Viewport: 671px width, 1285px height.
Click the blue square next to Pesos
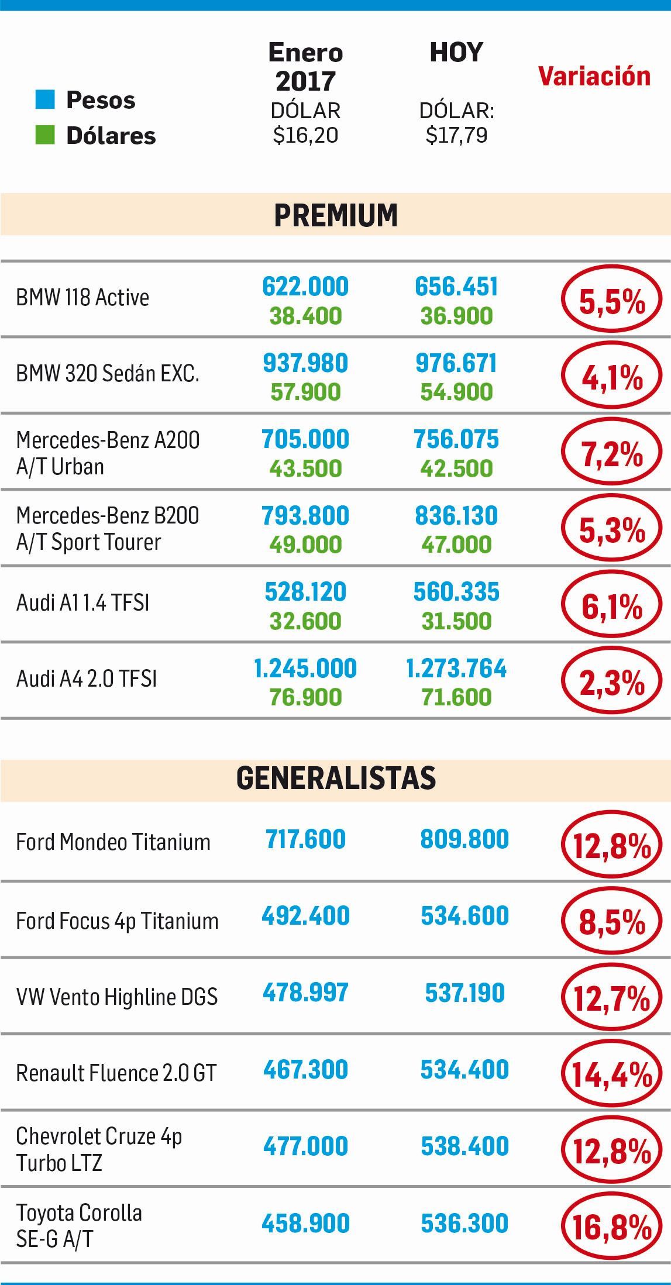(x=45, y=99)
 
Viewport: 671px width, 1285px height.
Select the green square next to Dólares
(x=45, y=135)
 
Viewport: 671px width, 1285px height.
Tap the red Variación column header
(x=594, y=76)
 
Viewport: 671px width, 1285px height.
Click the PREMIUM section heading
(x=336, y=215)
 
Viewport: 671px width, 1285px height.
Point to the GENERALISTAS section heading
(x=336, y=778)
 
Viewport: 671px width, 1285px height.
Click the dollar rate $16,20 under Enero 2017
(x=305, y=135)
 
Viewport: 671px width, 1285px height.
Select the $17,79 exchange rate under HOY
(x=456, y=135)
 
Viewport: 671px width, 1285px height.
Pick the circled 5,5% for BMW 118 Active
(x=611, y=299)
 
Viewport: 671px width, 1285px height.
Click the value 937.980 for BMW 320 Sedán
(x=305, y=363)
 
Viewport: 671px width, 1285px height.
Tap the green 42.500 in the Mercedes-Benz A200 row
(x=456, y=468)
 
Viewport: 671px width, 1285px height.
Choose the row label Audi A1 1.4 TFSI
(x=82, y=602)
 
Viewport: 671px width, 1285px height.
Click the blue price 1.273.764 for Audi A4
(x=456, y=669)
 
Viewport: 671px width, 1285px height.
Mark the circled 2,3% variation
(x=611, y=682)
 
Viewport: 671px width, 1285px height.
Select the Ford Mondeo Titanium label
(x=113, y=842)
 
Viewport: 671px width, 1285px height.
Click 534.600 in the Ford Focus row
(x=464, y=916)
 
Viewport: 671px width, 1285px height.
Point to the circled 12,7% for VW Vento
(x=611, y=998)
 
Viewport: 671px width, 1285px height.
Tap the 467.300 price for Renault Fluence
(x=305, y=1070)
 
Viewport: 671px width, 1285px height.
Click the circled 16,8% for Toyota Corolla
(x=611, y=1227)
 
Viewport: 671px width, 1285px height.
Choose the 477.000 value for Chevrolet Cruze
(x=305, y=1146)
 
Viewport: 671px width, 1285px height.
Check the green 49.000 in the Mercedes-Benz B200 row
(x=305, y=545)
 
